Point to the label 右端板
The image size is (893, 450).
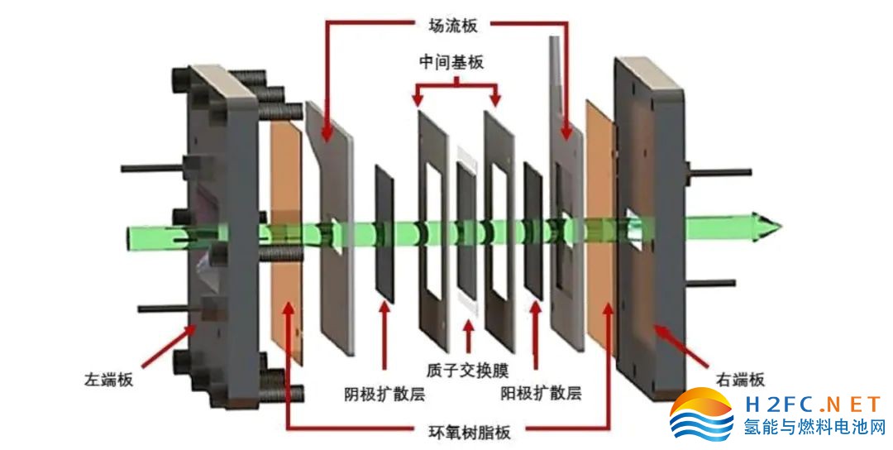pyautogui.click(x=739, y=380)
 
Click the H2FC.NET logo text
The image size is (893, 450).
pyautogui.click(x=814, y=405)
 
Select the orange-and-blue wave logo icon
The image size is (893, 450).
pyautogui.click(x=701, y=415)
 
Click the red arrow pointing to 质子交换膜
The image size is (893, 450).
pyautogui.click(x=469, y=335)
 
